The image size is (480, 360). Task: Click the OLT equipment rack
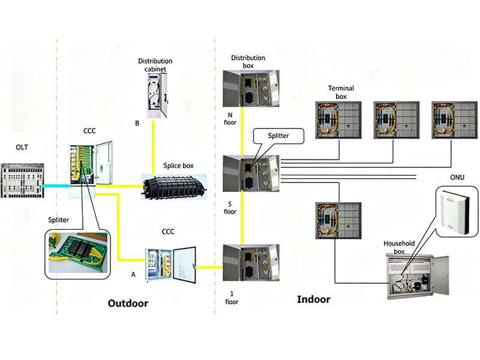(22, 181)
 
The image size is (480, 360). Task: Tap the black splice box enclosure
(174, 187)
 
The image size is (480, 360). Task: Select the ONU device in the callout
(456, 212)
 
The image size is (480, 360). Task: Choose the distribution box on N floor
(251, 88)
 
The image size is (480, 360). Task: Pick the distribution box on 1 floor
(251, 263)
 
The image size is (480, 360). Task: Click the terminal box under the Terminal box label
(338, 121)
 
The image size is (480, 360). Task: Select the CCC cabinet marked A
(170, 265)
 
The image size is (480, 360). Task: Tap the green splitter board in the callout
(79, 253)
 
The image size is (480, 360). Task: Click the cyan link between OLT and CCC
(56, 186)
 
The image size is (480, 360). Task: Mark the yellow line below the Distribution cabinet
(153, 148)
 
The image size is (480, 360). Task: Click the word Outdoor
(128, 303)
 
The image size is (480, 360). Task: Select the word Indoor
(313, 299)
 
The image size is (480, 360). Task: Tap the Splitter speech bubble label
(278, 136)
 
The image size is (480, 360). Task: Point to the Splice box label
(178, 166)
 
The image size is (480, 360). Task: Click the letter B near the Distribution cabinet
(137, 123)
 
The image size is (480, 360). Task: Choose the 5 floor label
(230, 208)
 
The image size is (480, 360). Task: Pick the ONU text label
(457, 177)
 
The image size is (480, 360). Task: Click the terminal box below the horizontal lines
(338, 220)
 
